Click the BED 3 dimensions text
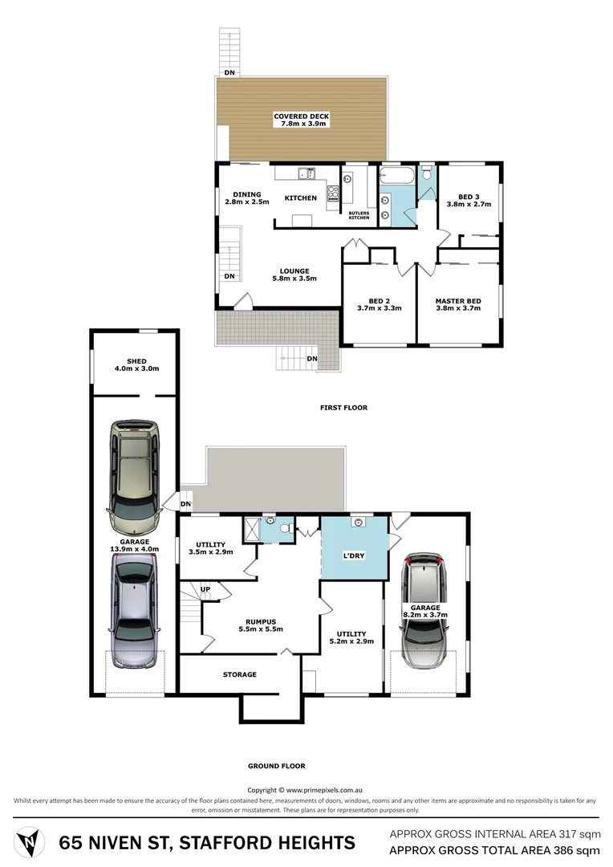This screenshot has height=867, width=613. (468, 205)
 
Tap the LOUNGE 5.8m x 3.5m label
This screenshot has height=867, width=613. (294, 275)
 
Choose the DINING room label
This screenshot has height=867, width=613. (247, 194)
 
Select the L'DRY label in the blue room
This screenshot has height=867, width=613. (354, 555)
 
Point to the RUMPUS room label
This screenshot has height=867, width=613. (261, 621)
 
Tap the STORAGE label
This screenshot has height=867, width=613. (239, 674)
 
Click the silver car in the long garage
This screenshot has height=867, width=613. (134, 613)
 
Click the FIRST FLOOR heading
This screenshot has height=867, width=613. (343, 408)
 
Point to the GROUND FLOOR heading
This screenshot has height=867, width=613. (277, 766)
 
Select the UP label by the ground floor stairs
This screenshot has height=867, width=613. (205, 588)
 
